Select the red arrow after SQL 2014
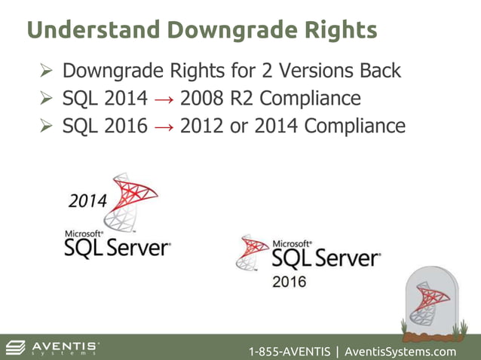[164, 99]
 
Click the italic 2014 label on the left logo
[88, 201]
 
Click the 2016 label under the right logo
[289, 282]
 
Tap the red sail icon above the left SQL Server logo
[129, 200]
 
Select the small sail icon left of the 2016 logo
[253, 252]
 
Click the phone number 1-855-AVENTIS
[289, 352]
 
